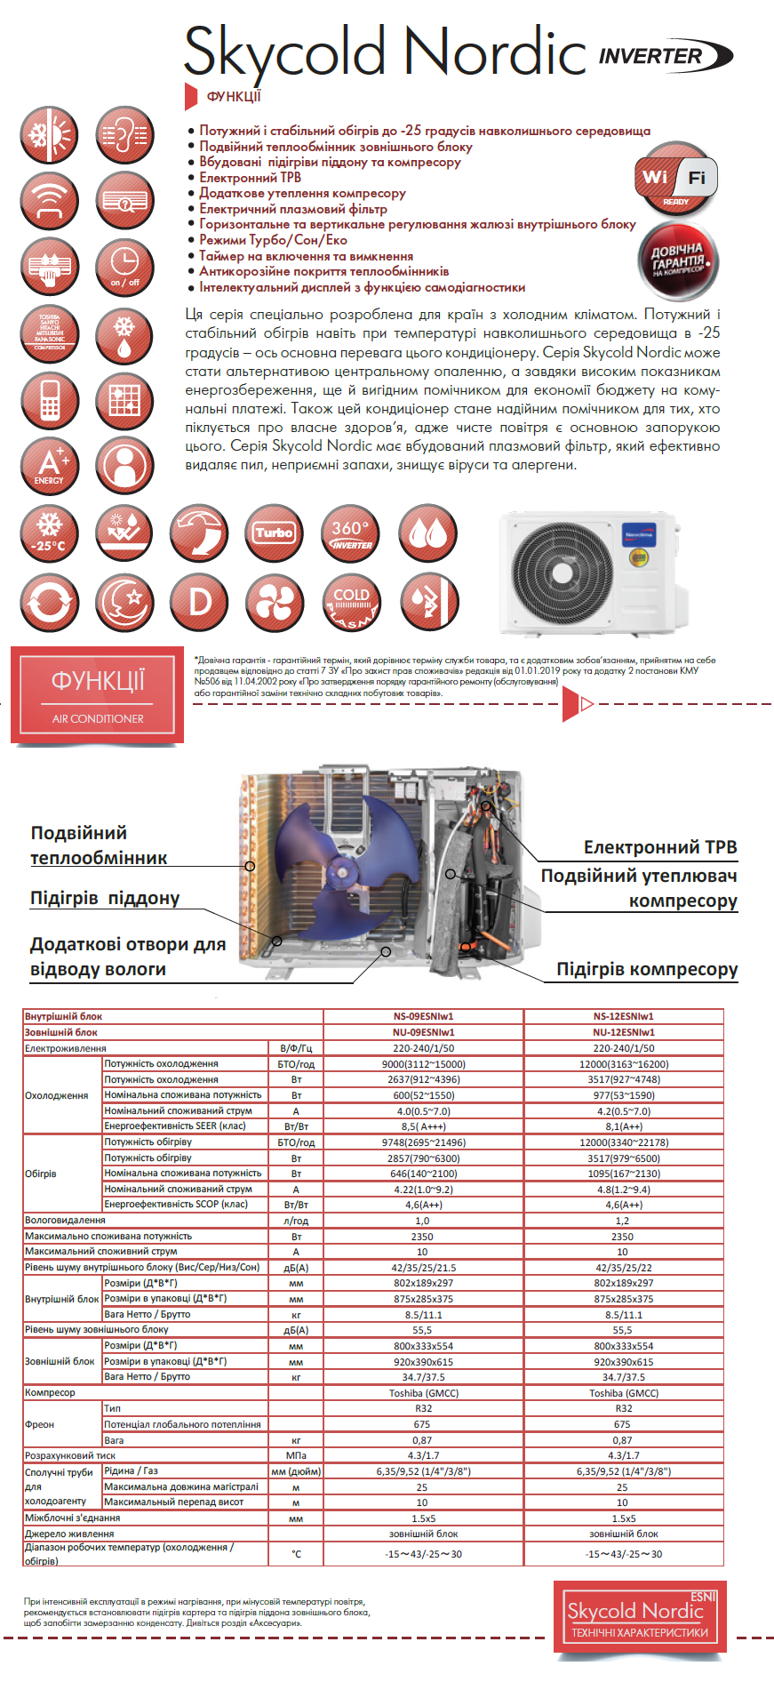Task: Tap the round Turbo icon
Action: [274, 533]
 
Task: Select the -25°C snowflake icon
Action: [50, 533]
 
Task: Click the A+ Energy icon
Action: [50, 465]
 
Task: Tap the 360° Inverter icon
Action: [351, 533]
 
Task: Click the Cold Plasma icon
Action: [351, 602]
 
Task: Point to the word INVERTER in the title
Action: [651, 56]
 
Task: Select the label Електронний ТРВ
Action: [659, 847]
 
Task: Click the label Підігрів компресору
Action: [646, 969]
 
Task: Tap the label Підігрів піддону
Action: [105, 898]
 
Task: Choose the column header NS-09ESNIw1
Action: [423, 1016]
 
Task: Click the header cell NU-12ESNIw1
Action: [623, 1032]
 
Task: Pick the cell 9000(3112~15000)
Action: [423, 1064]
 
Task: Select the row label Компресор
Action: [50, 1392]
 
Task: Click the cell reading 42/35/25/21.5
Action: [423, 1268]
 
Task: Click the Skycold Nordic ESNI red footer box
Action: [640, 1615]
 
